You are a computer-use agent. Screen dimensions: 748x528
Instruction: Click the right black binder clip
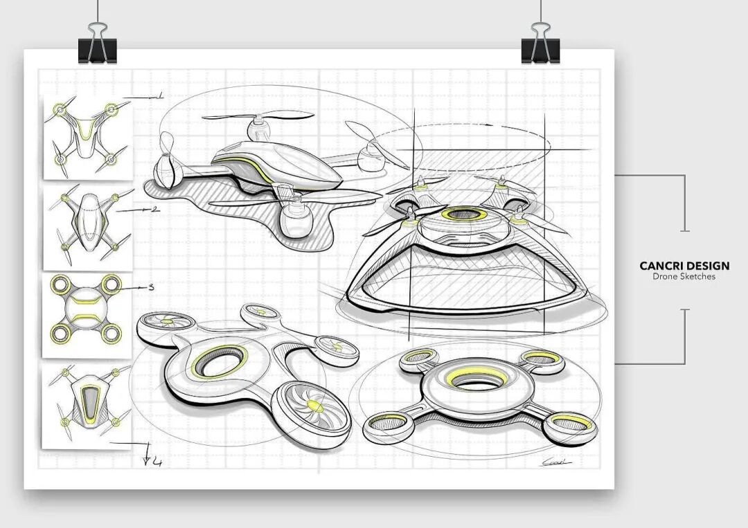click(x=540, y=44)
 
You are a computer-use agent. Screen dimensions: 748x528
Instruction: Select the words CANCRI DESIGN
click(x=684, y=266)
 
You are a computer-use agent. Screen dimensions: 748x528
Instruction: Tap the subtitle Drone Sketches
click(x=684, y=277)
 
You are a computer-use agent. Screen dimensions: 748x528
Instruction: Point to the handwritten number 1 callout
click(x=159, y=96)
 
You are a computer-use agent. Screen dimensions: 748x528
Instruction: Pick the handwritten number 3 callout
click(x=151, y=286)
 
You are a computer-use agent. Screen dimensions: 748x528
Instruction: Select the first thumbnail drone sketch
click(x=87, y=136)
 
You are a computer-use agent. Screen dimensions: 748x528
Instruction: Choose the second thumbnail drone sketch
click(x=87, y=225)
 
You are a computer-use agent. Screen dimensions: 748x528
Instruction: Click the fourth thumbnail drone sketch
click(x=87, y=405)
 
